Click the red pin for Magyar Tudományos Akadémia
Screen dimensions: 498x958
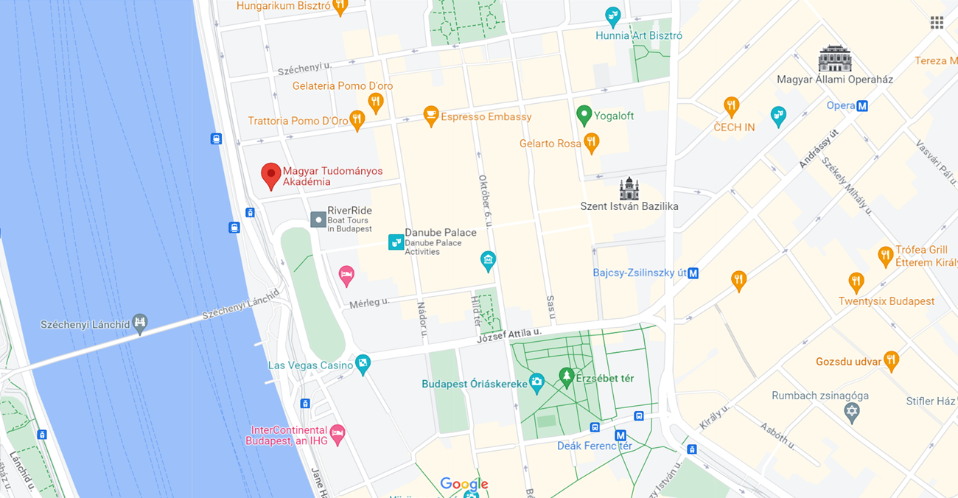(x=271, y=175)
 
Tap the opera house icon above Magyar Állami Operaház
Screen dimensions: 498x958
(x=835, y=58)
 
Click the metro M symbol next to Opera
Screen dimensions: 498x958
(x=862, y=106)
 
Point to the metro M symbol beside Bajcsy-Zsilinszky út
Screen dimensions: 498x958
(x=693, y=273)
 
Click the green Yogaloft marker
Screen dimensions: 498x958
(x=584, y=115)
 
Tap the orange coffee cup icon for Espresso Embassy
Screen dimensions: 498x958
(x=431, y=115)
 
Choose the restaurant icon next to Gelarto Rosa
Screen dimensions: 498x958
(x=591, y=142)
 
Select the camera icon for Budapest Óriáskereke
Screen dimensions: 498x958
(x=536, y=382)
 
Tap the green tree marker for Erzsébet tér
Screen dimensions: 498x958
(x=566, y=377)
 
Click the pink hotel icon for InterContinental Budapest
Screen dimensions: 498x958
(x=338, y=433)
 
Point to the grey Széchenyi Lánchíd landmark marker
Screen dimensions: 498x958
(x=140, y=322)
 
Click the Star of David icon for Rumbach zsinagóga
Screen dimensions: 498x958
(x=853, y=412)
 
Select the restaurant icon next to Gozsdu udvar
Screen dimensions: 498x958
(x=891, y=360)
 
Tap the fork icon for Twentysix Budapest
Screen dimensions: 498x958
(x=856, y=281)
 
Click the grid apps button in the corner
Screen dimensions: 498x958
(x=937, y=23)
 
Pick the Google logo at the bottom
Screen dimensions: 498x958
(x=464, y=484)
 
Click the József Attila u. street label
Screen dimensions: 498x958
(x=509, y=334)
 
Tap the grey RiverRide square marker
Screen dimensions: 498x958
(x=318, y=220)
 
